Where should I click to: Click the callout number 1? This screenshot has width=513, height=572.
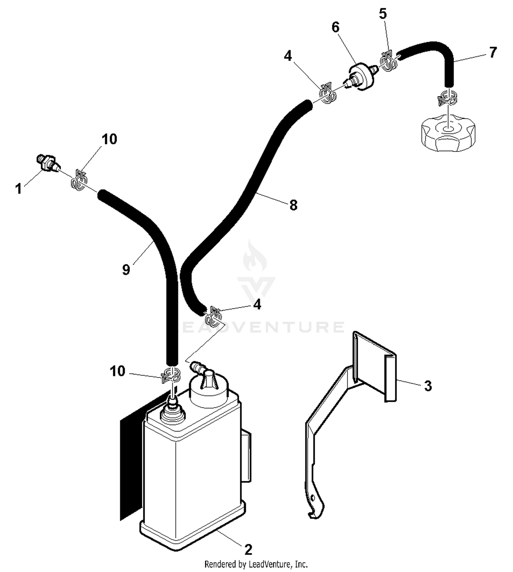point(19,188)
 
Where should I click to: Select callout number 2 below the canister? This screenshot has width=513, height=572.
point(248,549)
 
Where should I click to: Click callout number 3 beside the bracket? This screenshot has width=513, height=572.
point(428,386)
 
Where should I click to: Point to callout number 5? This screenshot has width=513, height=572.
point(383,14)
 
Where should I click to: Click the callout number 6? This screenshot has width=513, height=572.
point(336,27)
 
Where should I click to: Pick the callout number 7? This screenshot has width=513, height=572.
point(492,52)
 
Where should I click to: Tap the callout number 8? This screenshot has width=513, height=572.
point(293,205)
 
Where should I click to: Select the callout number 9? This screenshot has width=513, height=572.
point(126,269)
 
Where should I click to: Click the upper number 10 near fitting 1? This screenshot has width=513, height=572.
point(109,139)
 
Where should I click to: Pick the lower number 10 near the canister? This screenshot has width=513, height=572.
point(118,371)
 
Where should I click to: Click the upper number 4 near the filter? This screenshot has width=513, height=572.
point(288,56)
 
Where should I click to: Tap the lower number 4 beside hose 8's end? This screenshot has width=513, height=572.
point(257,304)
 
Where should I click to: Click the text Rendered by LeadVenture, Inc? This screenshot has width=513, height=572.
point(256,563)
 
